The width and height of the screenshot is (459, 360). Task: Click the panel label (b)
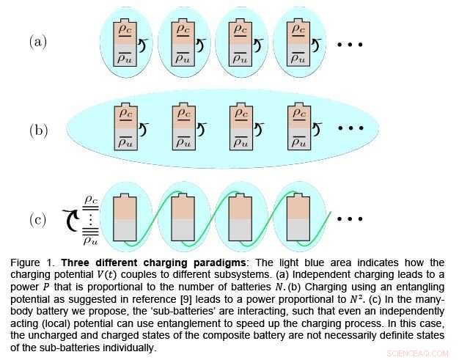[38, 131]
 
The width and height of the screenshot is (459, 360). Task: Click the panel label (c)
[38, 219]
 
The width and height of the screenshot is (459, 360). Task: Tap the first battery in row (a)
[125, 43]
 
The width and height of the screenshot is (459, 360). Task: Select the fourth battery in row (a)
[298, 43]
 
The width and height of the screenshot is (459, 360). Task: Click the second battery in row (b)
[183, 126]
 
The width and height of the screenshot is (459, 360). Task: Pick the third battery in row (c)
[240, 217]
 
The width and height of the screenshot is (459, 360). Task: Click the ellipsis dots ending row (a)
[350, 45]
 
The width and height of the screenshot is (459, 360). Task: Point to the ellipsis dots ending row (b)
[350, 128]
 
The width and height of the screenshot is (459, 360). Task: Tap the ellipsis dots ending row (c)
[350, 218]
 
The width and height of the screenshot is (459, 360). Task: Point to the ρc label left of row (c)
[91, 200]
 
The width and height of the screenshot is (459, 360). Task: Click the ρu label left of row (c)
[91, 241]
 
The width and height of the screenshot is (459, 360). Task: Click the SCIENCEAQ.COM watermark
[417, 353]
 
